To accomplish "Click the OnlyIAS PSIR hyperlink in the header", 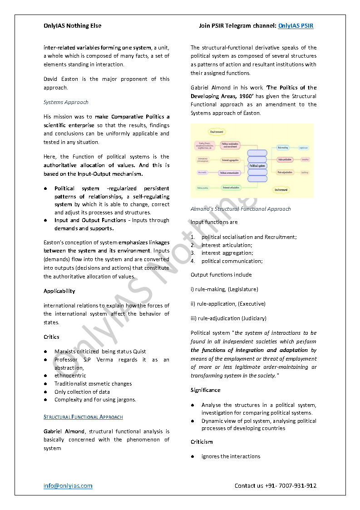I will (296, 26).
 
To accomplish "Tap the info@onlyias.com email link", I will (68, 486).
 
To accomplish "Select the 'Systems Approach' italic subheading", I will (66, 102).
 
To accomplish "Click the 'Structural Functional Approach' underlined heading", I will (83, 417).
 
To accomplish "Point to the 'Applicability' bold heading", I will (59, 291).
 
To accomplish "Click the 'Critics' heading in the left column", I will (51, 337).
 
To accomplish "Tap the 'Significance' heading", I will (205, 390).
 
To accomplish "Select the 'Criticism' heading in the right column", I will (202, 442).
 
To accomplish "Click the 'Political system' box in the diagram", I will (257, 166).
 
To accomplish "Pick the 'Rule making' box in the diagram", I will (283, 148).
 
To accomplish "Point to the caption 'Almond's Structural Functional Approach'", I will (241, 209).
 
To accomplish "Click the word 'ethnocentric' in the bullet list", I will (70, 376).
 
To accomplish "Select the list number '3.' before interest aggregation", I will (192, 253).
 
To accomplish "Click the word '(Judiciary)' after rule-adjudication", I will (254, 318).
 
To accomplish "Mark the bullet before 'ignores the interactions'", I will (192, 456).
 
